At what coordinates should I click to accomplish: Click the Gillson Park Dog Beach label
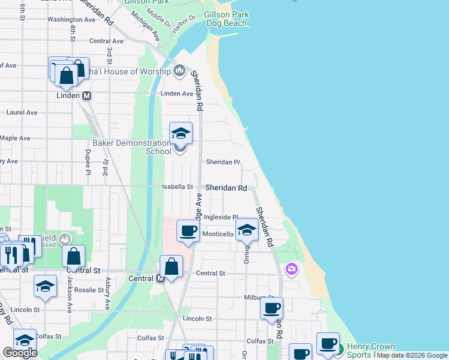pos(226,19)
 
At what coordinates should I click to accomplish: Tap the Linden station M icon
pos(86,95)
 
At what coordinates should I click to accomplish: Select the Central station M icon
pos(160,278)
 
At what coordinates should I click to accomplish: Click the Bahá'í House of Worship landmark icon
pos(179,72)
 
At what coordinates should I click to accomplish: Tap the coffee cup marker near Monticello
pos(188,232)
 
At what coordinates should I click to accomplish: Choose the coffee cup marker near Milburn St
pos(271,308)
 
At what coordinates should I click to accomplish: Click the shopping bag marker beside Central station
pos(172,266)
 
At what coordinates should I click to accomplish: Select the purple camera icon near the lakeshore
pos(292,269)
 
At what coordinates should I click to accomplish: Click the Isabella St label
pos(177,187)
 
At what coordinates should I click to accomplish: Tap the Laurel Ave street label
pos(22,112)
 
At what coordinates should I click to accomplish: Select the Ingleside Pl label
pos(221,217)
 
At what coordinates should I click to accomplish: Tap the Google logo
pos(20,353)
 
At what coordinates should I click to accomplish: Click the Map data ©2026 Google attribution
pos(412,355)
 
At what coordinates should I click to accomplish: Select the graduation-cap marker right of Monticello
pos(246,230)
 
